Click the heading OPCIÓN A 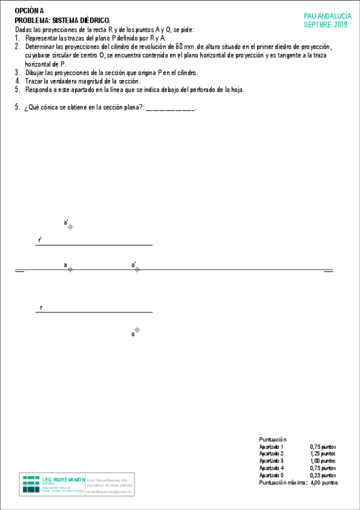29,11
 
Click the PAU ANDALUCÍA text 328,17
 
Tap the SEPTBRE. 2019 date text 326,25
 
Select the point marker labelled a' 70,227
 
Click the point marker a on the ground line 70,269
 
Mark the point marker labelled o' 137,269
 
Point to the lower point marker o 137,330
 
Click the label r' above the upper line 40,240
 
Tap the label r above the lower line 41,307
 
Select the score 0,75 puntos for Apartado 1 323,447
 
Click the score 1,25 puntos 323,454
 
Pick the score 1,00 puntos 323,461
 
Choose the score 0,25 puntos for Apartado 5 323,475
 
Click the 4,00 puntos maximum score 324,482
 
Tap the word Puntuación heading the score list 273,440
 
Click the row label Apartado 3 272,461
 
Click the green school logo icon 31,484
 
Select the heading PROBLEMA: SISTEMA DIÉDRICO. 63,20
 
